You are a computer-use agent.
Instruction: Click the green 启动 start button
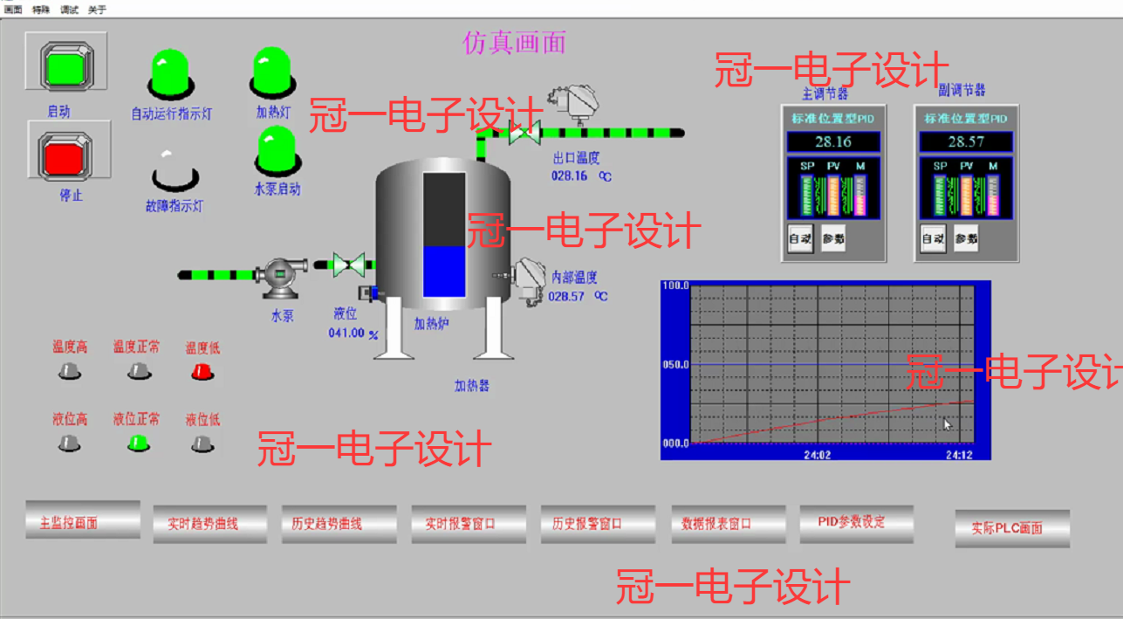(x=66, y=66)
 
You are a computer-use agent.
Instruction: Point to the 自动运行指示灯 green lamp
(x=170, y=72)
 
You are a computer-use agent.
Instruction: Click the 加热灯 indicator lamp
(x=271, y=71)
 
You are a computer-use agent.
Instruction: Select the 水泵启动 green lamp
(x=277, y=150)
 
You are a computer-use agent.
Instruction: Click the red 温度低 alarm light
(x=202, y=372)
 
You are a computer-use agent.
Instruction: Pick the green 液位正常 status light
(x=138, y=443)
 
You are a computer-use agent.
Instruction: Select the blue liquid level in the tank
(x=444, y=271)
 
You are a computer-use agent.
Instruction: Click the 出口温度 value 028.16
(x=570, y=175)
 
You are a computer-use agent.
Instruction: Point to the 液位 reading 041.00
(x=346, y=333)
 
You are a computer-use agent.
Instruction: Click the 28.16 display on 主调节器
(x=832, y=142)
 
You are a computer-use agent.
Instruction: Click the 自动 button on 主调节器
(x=800, y=238)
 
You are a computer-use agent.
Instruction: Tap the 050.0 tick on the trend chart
(x=676, y=364)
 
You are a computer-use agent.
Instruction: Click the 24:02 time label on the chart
(x=817, y=455)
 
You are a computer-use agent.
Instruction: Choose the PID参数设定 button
(x=856, y=522)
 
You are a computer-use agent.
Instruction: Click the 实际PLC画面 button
(x=1011, y=528)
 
